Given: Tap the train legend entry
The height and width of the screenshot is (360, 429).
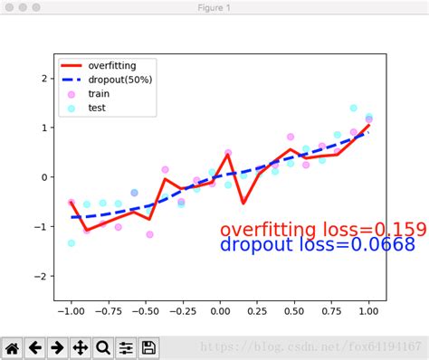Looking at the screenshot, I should click(x=99, y=93).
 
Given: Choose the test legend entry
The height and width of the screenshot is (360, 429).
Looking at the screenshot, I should click(x=97, y=108).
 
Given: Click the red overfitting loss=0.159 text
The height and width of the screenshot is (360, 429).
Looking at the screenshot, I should click(x=323, y=230).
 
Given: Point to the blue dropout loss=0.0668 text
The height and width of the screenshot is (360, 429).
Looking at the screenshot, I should click(x=318, y=244).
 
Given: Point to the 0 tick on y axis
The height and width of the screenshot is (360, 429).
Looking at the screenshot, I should click(x=45, y=177).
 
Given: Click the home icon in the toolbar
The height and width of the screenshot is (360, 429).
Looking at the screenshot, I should click(x=13, y=347).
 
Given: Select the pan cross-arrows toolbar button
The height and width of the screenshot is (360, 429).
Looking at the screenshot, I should click(x=80, y=347).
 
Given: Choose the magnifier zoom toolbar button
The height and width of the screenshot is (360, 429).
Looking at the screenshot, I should click(x=102, y=347).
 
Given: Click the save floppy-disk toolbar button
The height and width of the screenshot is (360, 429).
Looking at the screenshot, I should click(x=148, y=347).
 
